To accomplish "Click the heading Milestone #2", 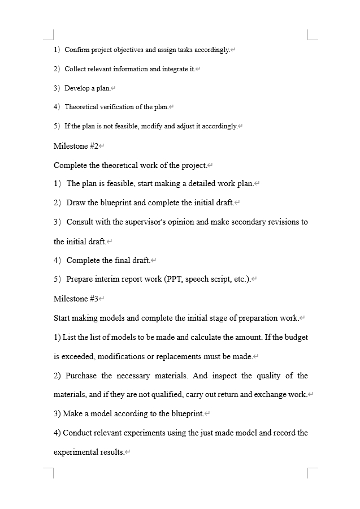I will [76, 146].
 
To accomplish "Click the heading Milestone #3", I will [76, 298].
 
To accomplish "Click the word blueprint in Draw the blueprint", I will [116, 202].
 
